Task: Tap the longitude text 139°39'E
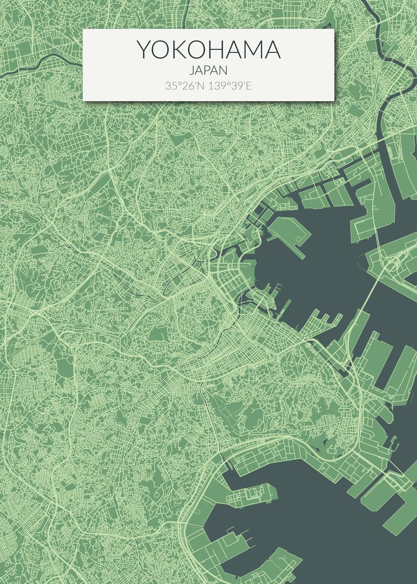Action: (x=230, y=86)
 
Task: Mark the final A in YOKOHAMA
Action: (x=273, y=50)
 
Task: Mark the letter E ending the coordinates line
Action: (x=249, y=86)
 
